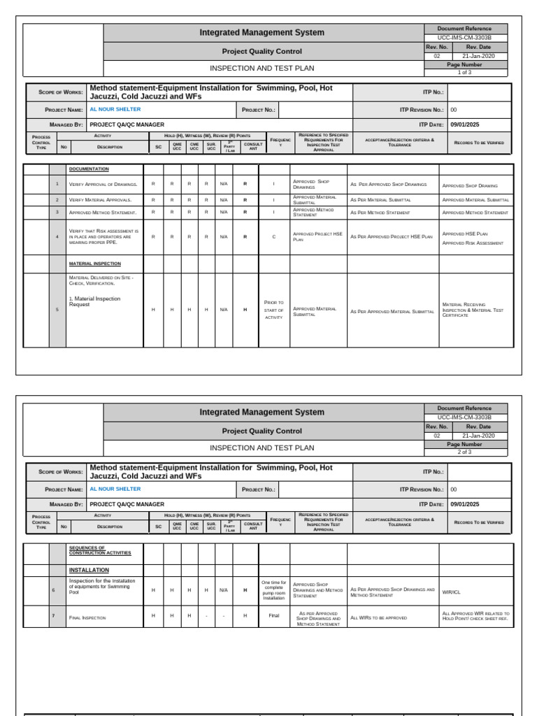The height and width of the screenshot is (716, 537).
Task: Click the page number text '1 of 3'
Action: click(x=465, y=73)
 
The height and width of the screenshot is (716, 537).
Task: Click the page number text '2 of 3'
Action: click(x=465, y=452)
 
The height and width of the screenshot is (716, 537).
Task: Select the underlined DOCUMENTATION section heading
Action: click(x=89, y=169)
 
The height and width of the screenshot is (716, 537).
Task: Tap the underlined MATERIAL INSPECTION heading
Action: click(x=94, y=264)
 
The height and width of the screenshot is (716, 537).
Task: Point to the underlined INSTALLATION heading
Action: click(x=89, y=570)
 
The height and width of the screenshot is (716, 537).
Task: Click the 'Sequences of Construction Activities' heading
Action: click(x=99, y=550)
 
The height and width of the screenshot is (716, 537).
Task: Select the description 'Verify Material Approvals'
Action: click(x=100, y=200)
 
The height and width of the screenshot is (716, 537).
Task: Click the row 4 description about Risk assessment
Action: click(x=103, y=236)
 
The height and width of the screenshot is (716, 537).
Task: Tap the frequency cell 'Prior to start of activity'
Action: click(x=273, y=310)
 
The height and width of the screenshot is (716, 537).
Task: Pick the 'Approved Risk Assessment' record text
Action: click(x=473, y=243)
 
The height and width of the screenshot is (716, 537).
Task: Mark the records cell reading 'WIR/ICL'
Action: click(x=451, y=592)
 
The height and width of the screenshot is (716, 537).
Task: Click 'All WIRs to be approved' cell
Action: click(x=378, y=617)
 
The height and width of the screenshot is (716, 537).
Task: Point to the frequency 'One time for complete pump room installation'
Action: click(x=273, y=590)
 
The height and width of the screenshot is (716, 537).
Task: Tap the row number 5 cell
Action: click(x=57, y=310)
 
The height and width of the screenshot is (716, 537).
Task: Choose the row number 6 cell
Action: click(x=53, y=590)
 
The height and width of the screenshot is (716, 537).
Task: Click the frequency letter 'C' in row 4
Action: click(x=273, y=237)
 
